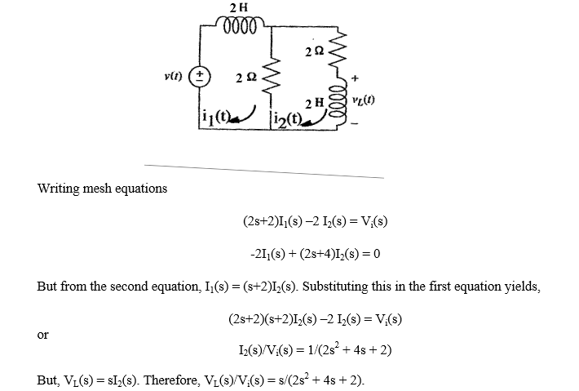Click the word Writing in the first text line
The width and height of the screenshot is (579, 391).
58,189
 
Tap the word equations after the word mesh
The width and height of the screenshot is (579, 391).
140,189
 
